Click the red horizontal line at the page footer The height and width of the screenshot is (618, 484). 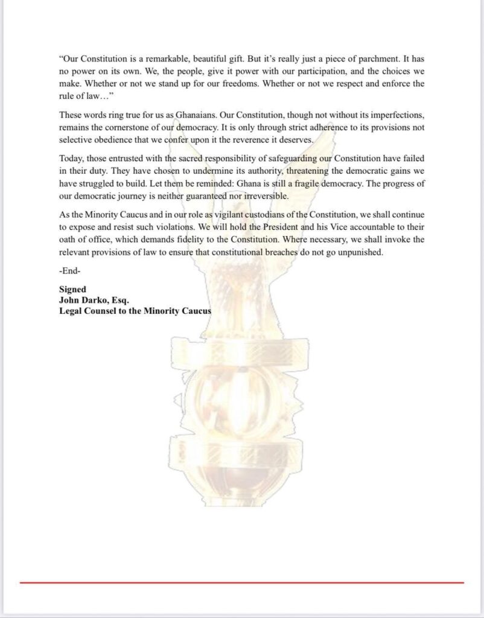(241, 582)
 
